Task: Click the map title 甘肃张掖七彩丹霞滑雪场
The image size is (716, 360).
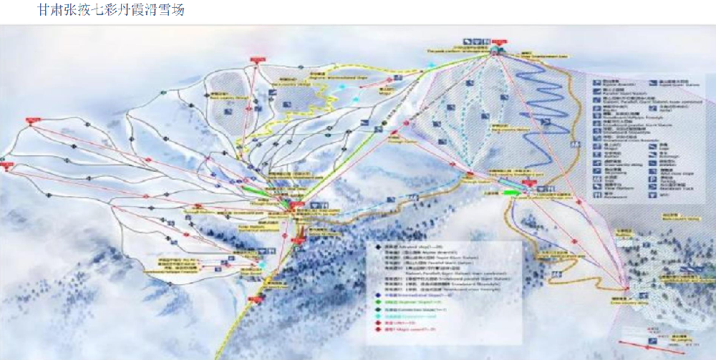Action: pyautogui.click(x=110, y=10)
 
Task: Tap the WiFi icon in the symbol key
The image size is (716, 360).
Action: pyautogui.click(x=653, y=194)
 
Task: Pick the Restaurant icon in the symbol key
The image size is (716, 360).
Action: pyautogui.click(x=597, y=194)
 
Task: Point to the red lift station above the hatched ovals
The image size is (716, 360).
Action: pyautogui.click(x=257, y=59)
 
